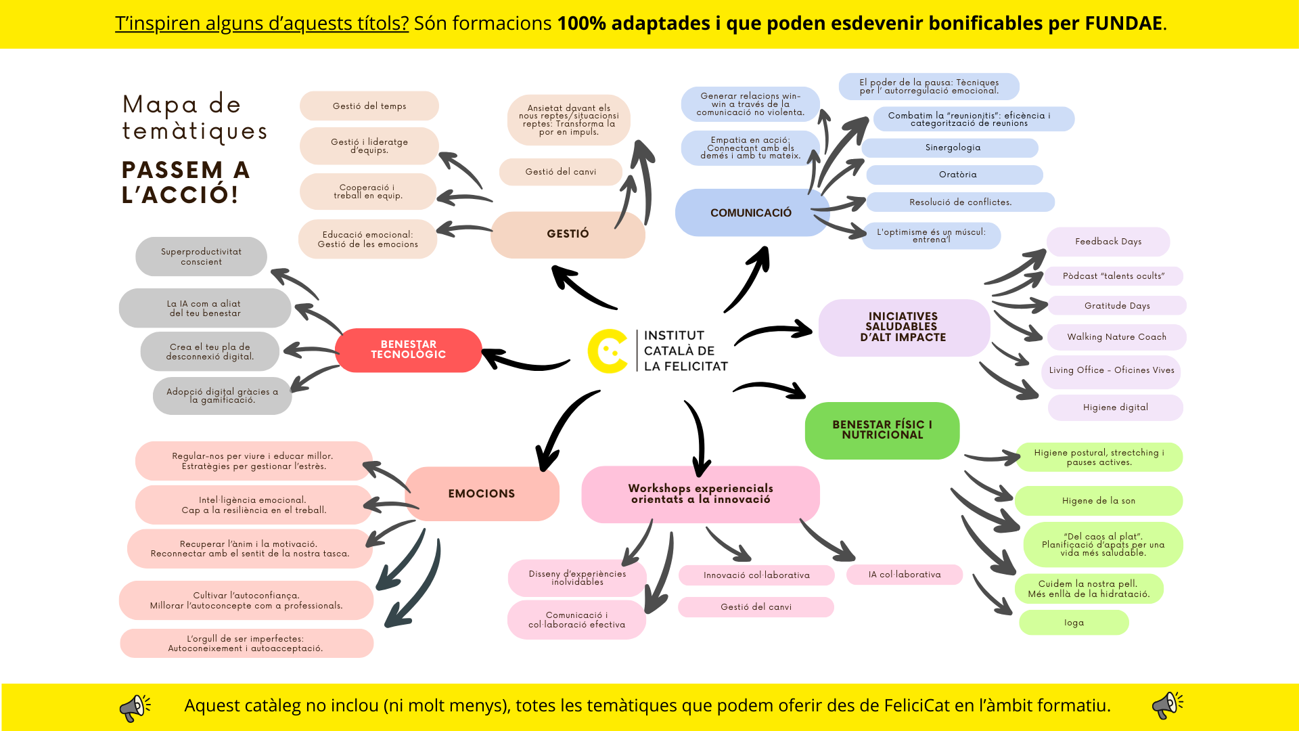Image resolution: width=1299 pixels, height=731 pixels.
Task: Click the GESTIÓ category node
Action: pyautogui.click(x=568, y=234)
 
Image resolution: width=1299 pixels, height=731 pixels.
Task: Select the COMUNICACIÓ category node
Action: pyautogui.click(x=751, y=213)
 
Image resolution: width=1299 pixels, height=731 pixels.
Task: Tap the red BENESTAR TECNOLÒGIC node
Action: pyautogui.click(x=408, y=350)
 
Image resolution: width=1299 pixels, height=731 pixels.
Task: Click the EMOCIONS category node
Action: pyautogui.click(x=482, y=493)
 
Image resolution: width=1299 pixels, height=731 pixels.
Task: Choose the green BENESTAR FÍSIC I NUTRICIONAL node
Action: pyautogui.click(x=882, y=430)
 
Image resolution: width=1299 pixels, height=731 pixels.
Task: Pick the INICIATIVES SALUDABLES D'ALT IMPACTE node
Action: pyautogui.click(x=903, y=328)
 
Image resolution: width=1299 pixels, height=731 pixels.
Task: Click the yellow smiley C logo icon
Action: pyautogui.click(x=607, y=351)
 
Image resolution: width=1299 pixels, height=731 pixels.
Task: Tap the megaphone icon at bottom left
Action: pyautogui.click(x=135, y=707)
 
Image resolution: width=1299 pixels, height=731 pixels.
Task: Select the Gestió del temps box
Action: pyautogui.click(x=369, y=106)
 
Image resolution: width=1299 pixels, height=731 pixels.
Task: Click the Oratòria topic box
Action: pyautogui.click(x=955, y=175)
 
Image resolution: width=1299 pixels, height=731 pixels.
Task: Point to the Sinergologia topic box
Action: pyautogui.click(x=950, y=148)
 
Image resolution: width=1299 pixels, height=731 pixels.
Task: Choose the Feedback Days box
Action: pyautogui.click(x=1108, y=242)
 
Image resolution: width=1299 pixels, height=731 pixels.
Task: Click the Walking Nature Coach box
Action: pyautogui.click(x=1116, y=337)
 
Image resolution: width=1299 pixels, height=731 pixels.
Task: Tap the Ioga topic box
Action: pyautogui.click(x=1074, y=623)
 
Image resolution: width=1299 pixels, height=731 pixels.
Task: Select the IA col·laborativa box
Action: pyautogui.click(x=905, y=575)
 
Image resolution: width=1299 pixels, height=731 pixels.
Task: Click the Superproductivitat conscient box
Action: pyautogui.click(x=201, y=257)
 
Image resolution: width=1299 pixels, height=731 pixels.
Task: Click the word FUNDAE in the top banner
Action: pyautogui.click(x=1123, y=24)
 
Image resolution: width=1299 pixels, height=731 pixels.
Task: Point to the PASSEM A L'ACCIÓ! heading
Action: pyautogui.click(x=186, y=182)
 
